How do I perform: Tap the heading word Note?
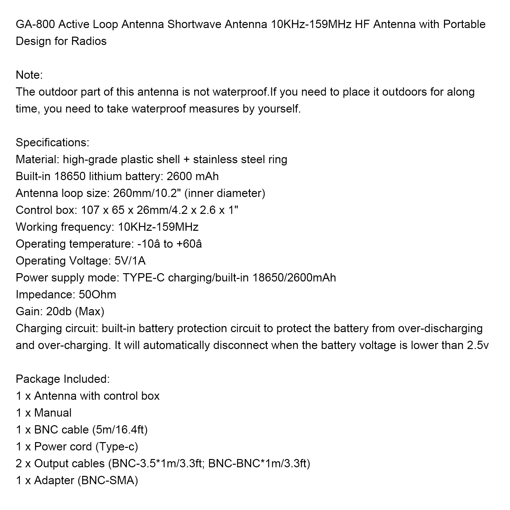[29, 75]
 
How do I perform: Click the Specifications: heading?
[52, 143]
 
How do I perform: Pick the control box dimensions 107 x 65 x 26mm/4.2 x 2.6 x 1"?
[160, 210]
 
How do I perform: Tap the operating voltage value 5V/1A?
[130, 261]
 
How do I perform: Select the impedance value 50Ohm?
[97, 295]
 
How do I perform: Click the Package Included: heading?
[62, 379]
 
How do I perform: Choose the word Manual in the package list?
[53, 413]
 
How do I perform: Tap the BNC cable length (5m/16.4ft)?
[120, 430]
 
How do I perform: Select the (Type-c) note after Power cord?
[117, 447]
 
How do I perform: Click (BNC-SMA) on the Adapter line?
[108, 481]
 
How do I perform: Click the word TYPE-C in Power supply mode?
[143, 278]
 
